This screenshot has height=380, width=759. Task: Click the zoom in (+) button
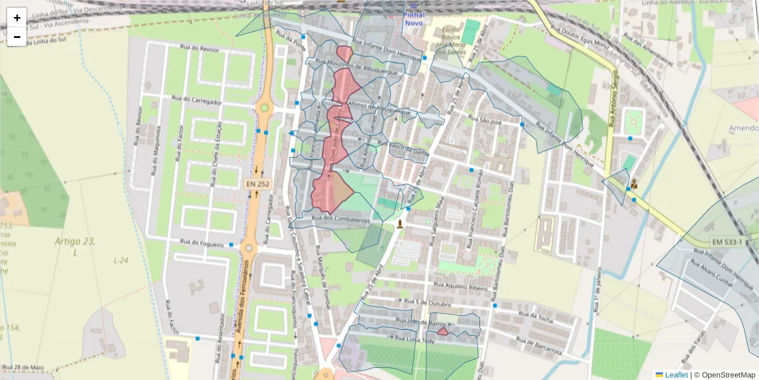tap(17, 18)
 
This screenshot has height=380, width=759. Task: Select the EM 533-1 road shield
tap(726, 242)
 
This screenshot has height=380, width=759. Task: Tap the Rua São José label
tap(484, 119)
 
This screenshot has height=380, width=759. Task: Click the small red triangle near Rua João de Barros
tap(443, 331)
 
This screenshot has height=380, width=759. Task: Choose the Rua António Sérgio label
tap(613, 101)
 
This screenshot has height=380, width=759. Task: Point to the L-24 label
tap(120, 260)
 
